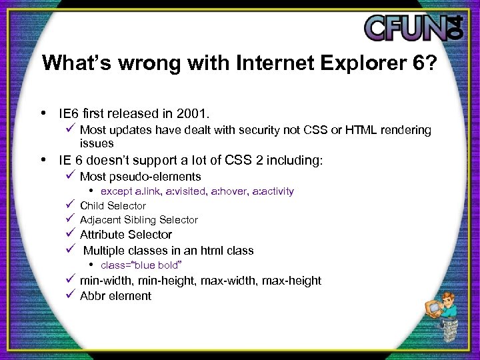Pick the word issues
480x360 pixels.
point(97,143)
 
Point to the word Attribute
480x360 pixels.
point(103,235)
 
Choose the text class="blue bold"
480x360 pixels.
point(141,265)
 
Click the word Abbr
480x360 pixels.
point(93,296)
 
